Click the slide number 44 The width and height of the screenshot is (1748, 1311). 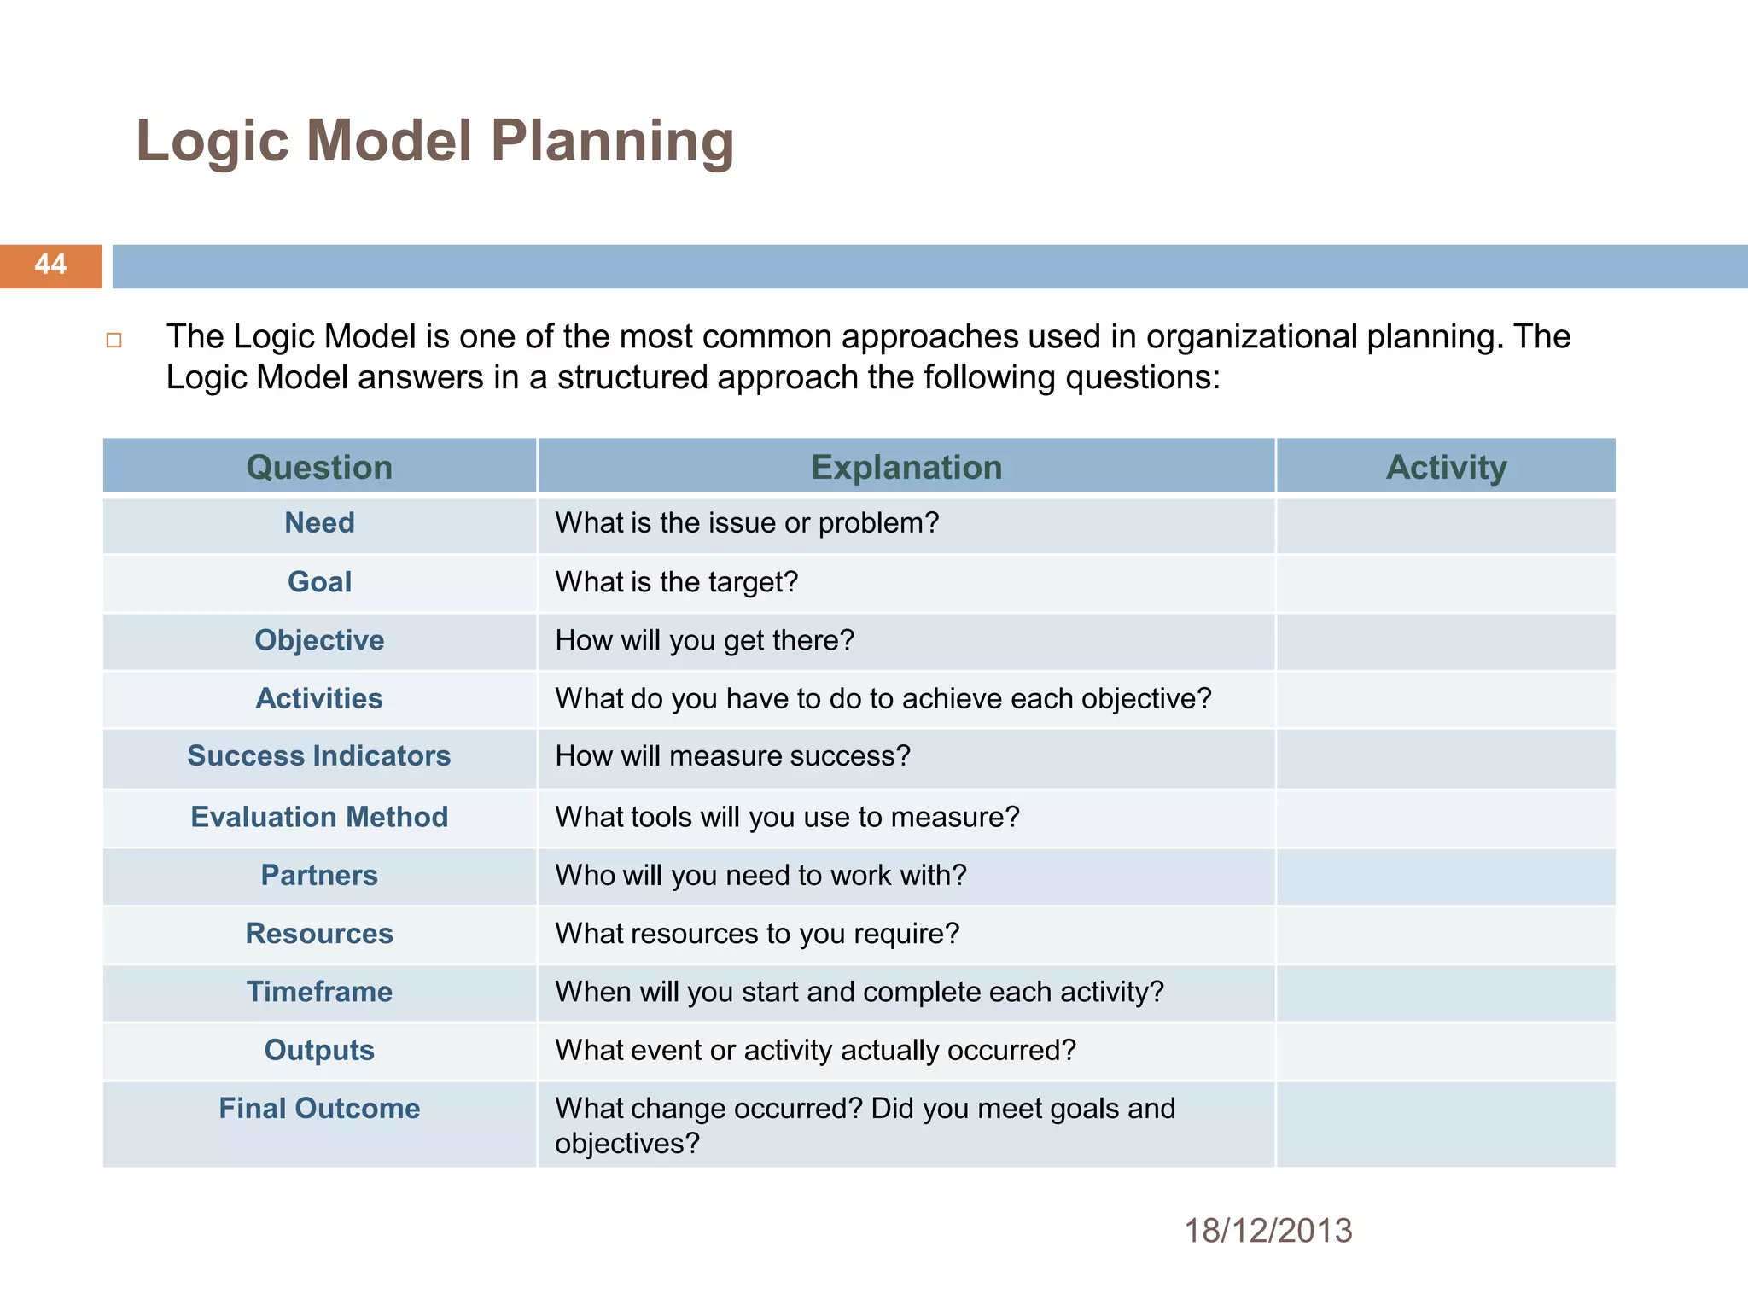(50, 265)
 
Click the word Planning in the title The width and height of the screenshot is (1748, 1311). (612, 141)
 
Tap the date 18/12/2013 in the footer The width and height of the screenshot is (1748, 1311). (1267, 1231)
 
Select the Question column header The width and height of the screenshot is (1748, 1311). (319, 468)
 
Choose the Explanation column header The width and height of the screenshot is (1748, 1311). (906, 468)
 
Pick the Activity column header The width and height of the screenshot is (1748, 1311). (1446, 468)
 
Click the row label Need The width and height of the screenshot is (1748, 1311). (319, 523)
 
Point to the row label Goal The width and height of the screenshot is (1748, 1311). (319, 582)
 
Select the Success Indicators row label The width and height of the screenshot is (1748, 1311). (319, 756)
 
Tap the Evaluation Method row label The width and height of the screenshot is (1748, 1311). (319, 818)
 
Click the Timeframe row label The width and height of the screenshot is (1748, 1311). (319, 992)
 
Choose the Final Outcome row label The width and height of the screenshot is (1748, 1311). (319, 1109)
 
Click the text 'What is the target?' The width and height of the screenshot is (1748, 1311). (676, 582)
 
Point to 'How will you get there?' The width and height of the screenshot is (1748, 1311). (704, 640)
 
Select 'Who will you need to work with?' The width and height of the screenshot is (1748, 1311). (760, 876)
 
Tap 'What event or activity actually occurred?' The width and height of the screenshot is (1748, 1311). (815, 1051)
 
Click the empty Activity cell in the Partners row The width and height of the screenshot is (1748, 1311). (1446, 877)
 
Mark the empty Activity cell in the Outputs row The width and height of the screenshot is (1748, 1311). (1446, 1052)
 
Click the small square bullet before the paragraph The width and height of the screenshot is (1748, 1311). (114, 341)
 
